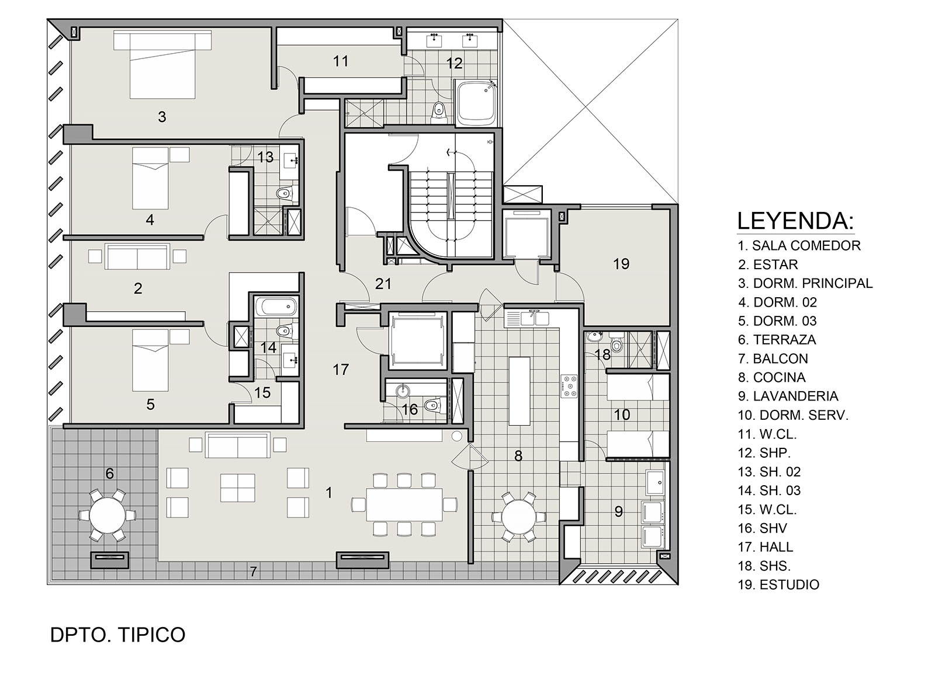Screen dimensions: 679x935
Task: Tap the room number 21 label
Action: coord(383,284)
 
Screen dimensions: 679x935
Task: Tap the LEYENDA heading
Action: coord(795,221)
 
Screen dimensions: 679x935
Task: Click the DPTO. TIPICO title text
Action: coord(118,635)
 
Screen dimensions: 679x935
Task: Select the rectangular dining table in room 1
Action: coord(405,504)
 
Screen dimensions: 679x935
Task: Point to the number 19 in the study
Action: coord(621,264)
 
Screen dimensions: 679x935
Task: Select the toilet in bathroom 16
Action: coord(433,405)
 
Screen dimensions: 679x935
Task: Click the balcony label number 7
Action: coord(253,572)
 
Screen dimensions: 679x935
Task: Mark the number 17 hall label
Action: coord(341,370)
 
